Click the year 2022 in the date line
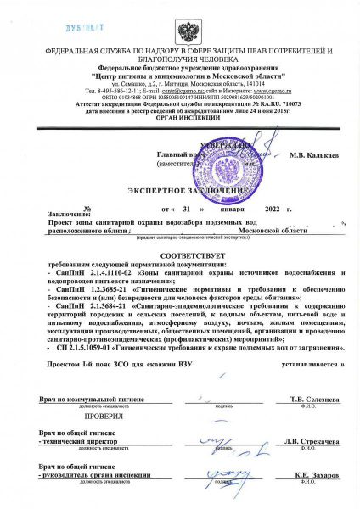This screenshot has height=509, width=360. pyautogui.click(x=272, y=208)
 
